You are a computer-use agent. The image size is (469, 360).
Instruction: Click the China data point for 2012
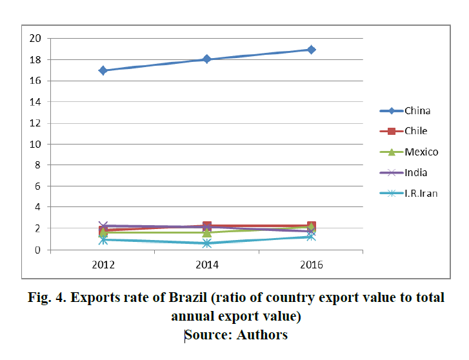pyautogui.click(x=103, y=70)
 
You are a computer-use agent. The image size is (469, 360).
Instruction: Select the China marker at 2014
pyautogui.click(x=207, y=59)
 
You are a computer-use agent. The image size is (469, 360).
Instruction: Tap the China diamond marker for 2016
pyautogui.click(x=311, y=50)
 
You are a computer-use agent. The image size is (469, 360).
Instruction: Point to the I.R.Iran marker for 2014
pyautogui.click(x=207, y=243)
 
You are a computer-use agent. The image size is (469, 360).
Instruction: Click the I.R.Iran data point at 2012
pyautogui.click(x=103, y=240)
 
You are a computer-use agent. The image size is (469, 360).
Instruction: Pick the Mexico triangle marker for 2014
pyautogui.click(x=207, y=232)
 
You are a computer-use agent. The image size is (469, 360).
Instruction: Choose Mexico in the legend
pyautogui.click(x=421, y=152)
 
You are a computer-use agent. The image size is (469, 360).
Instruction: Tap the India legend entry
pyautogui.click(x=416, y=173)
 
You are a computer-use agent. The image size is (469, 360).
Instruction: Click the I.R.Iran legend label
pyautogui.click(x=421, y=193)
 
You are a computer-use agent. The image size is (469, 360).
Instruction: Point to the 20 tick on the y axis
pyautogui.click(x=35, y=39)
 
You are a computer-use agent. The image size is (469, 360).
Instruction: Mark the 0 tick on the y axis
pyautogui.click(x=37, y=250)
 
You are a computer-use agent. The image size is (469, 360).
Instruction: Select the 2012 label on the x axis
pyautogui.click(x=103, y=265)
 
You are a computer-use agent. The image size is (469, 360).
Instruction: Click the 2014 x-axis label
pyautogui.click(x=207, y=265)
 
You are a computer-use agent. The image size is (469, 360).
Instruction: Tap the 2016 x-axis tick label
pyautogui.click(x=311, y=265)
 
